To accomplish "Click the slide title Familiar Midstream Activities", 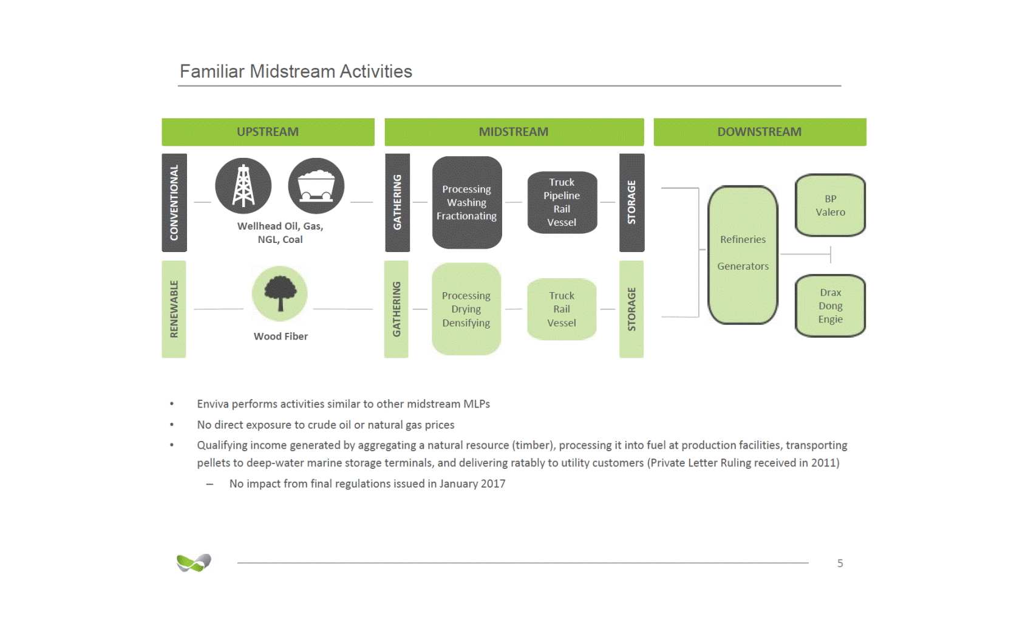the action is (x=296, y=72).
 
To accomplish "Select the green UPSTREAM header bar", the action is (x=268, y=132).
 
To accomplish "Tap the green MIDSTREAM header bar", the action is (x=514, y=132).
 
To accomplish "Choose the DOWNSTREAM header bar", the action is (x=760, y=132).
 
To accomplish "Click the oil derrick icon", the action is (x=243, y=186).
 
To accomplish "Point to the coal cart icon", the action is (x=316, y=186).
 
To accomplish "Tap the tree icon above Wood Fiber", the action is (x=280, y=293).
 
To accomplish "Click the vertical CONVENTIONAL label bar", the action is (x=174, y=203).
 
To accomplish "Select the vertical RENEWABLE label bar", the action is (x=174, y=309).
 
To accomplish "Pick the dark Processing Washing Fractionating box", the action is (x=467, y=203).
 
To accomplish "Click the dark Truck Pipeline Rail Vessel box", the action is (x=562, y=203).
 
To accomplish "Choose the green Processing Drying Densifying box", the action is (x=466, y=309).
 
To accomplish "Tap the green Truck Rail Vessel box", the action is (x=562, y=309).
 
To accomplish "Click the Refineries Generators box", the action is (x=743, y=254).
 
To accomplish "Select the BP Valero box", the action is (x=830, y=205).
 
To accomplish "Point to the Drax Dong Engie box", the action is (x=830, y=306).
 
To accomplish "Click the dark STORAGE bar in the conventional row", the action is (x=631, y=203).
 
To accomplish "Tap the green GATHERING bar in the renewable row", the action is (x=396, y=309).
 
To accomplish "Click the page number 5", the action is (x=840, y=563).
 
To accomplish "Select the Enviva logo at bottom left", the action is (x=194, y=562).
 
